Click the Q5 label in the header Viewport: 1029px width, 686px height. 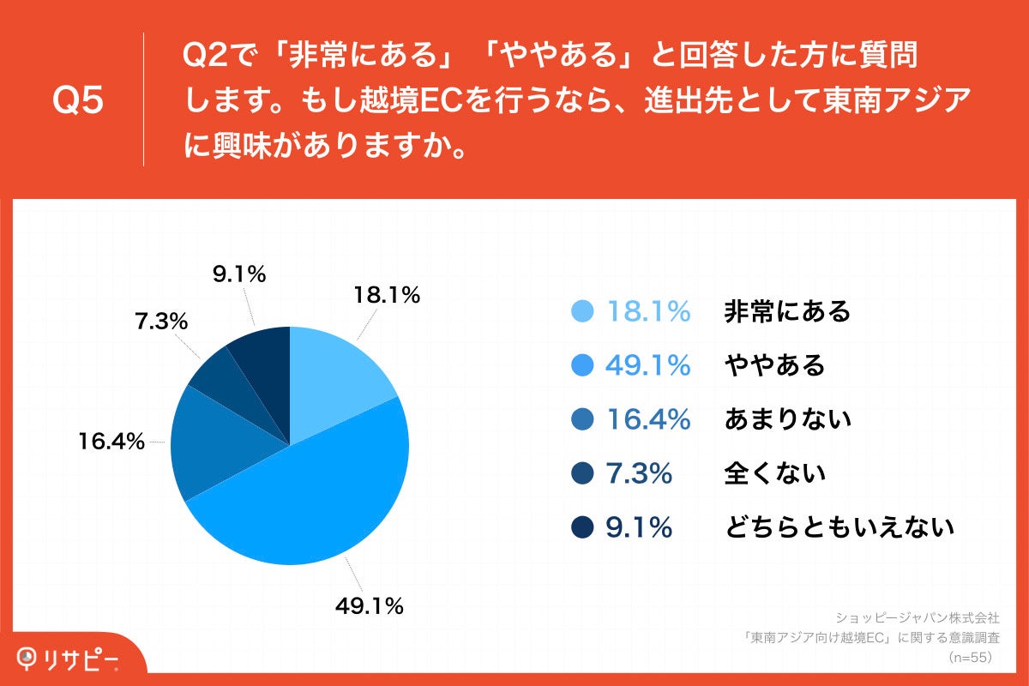78,101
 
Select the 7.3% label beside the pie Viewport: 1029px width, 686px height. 160,322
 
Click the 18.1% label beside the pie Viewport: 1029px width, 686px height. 387,296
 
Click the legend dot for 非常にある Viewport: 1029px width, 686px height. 582,311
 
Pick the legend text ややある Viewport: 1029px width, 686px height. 774,365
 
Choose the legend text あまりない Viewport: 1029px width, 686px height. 787,419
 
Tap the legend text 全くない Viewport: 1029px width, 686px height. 774,473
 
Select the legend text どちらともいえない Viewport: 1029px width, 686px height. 839,527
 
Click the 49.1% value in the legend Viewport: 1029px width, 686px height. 647,365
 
